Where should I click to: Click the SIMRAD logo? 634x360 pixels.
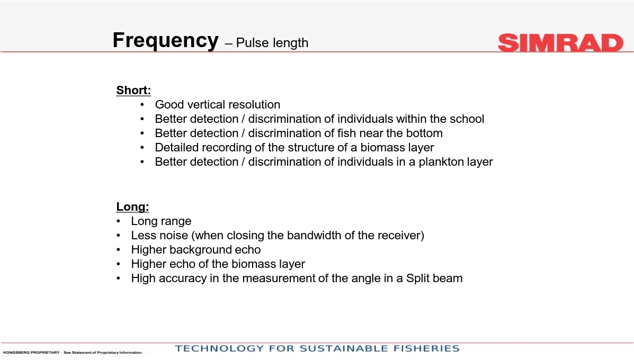coord(560,43)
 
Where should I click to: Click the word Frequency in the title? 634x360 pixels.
coord(165,41)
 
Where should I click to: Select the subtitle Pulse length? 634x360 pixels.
coord(272,43)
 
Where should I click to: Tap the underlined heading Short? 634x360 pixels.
coord(133,90)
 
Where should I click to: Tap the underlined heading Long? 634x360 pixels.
coord(132,206)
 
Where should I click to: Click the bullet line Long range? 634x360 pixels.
coord(161,221)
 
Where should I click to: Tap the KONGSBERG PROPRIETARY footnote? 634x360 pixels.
coord(73,352)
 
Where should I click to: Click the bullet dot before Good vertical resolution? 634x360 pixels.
coord(142,105)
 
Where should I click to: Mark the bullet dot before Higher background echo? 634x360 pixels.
coord(118,250)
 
